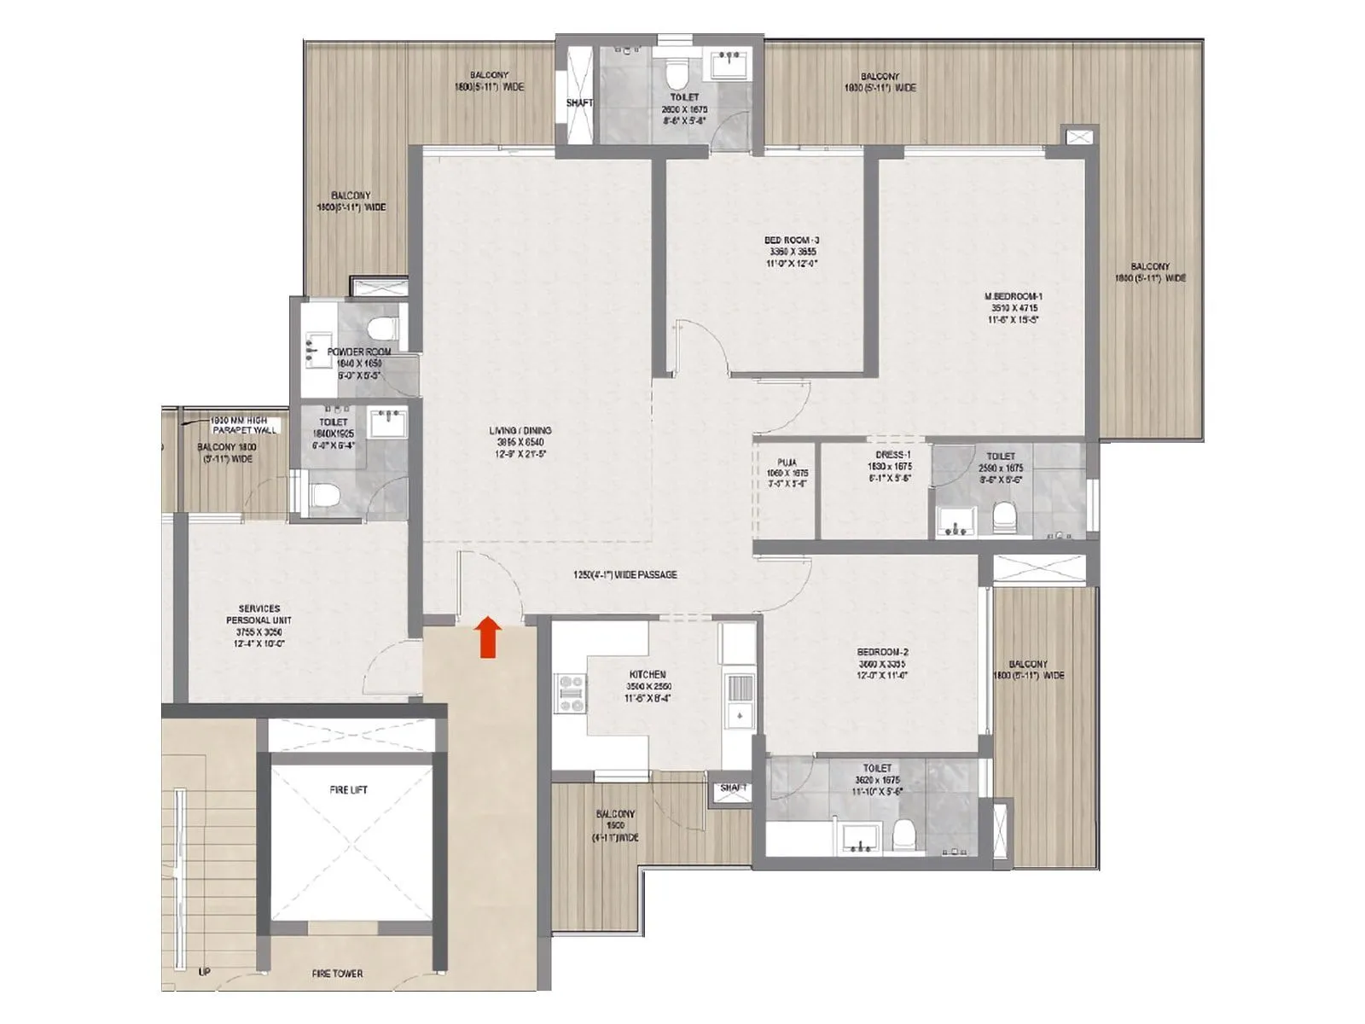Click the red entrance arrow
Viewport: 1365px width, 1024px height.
487,637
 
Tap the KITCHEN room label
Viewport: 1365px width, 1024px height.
647,674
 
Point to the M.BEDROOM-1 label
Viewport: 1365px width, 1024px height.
1013,297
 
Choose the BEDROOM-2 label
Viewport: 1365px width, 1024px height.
880,652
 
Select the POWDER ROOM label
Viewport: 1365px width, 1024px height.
360,352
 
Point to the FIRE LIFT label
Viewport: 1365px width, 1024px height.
348,790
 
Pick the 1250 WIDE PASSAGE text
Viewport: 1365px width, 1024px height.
624,575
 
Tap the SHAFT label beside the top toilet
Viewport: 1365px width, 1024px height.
579,103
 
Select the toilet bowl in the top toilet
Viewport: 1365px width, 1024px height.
677,77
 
